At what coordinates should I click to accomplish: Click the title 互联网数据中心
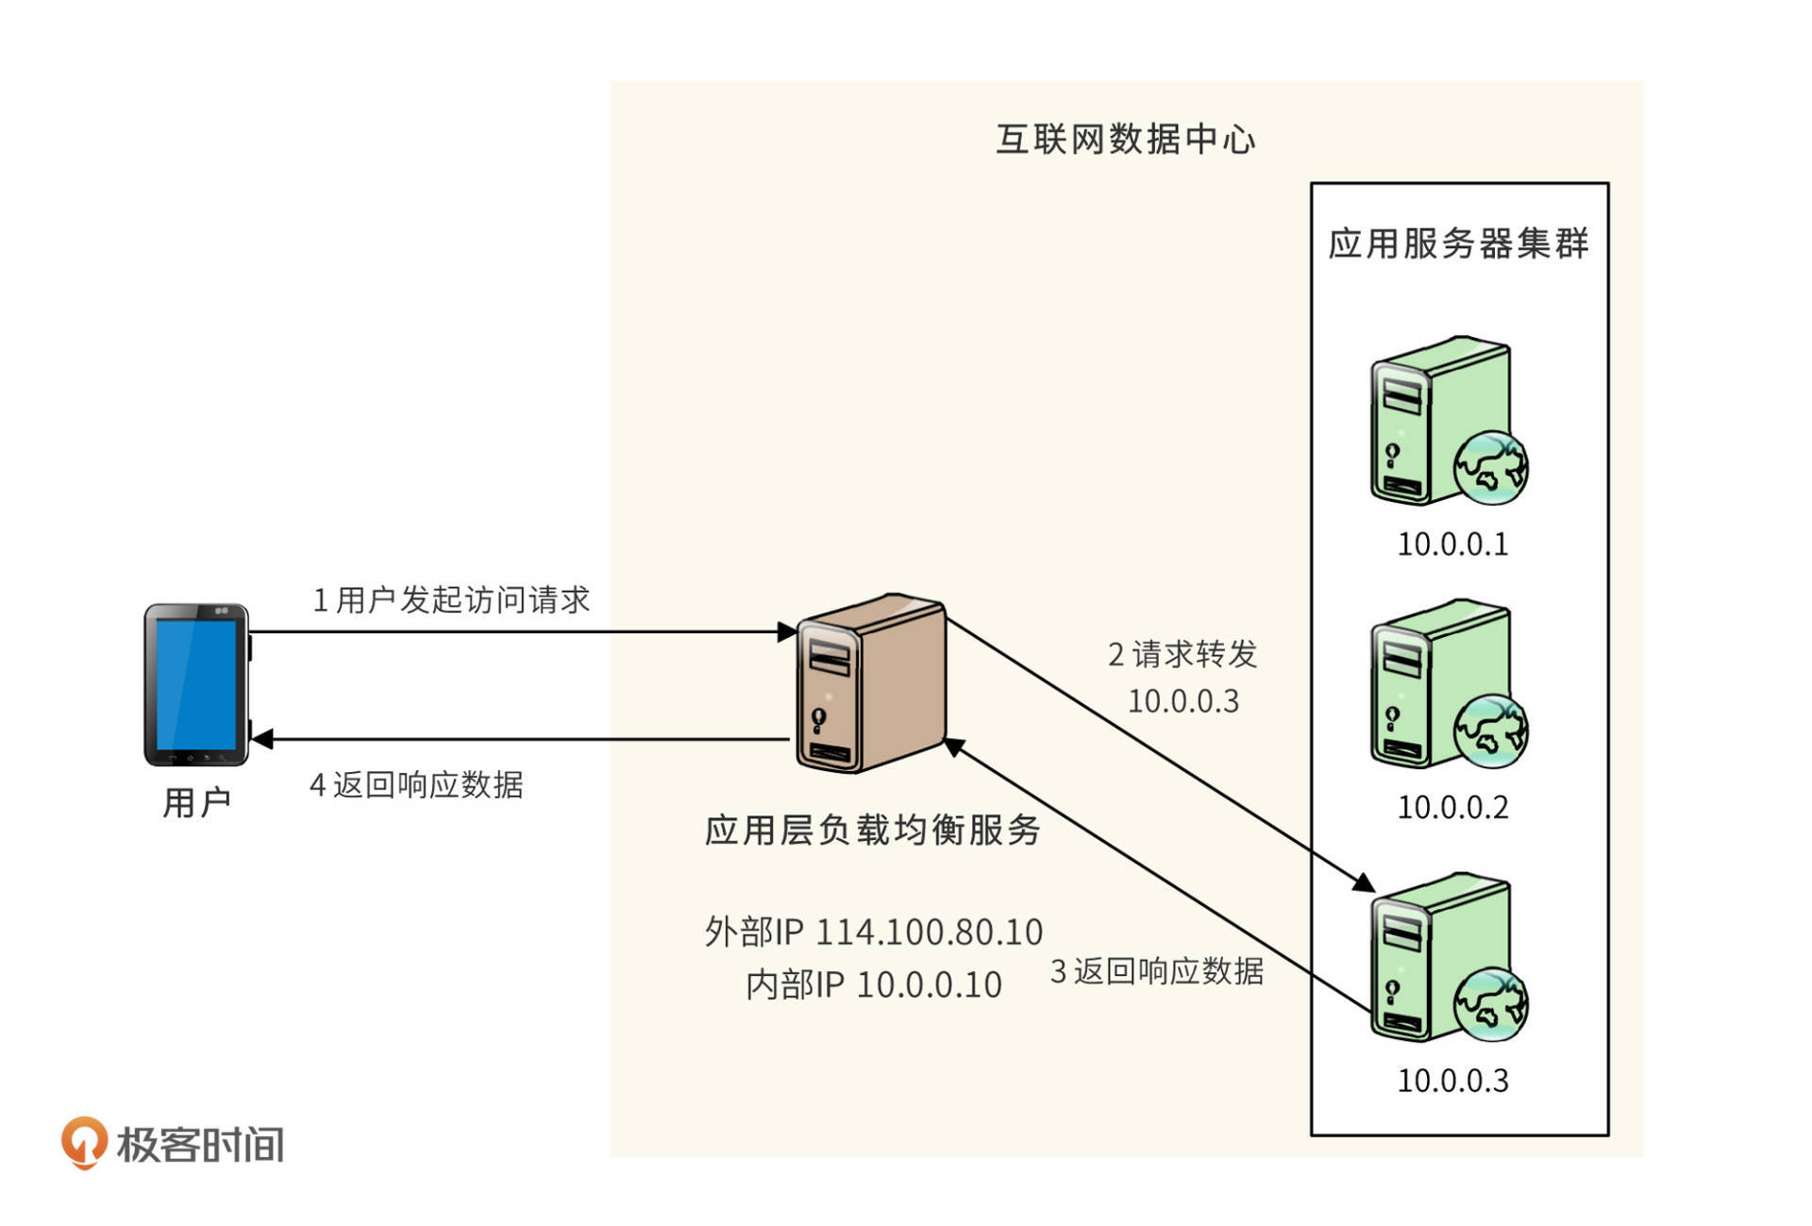pos(1125,140)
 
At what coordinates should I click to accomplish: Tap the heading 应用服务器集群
pos(1458,244)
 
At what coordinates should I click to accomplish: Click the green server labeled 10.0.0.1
pos(1439,423)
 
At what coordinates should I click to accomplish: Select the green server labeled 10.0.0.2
pos(1439,685)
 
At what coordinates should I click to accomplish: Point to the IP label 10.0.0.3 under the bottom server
pos(1452,1081)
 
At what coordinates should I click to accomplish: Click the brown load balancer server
pos(870,683)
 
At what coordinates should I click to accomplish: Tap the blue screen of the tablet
pos(196,683)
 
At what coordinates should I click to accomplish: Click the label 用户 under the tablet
pos(196,803)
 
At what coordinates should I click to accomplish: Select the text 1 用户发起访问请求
pos(451,600)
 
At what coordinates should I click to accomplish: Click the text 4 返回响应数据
pos(416,785)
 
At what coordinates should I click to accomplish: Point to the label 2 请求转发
pos(1183,654)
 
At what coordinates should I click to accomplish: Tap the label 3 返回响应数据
pos(1157,971)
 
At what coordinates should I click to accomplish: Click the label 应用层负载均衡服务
pos(872,831)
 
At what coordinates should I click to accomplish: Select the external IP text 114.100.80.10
pos(929,932)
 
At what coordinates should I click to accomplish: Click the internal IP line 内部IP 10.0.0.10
pos(873,985)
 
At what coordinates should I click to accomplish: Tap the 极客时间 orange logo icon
pos(83,1142)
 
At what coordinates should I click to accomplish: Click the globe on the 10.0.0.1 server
pos(1491,467)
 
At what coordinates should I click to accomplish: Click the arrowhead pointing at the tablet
pos(262,739)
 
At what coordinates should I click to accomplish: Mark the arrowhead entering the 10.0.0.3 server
pos(1362,883)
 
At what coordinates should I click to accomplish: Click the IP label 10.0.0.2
pos(1452,808)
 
